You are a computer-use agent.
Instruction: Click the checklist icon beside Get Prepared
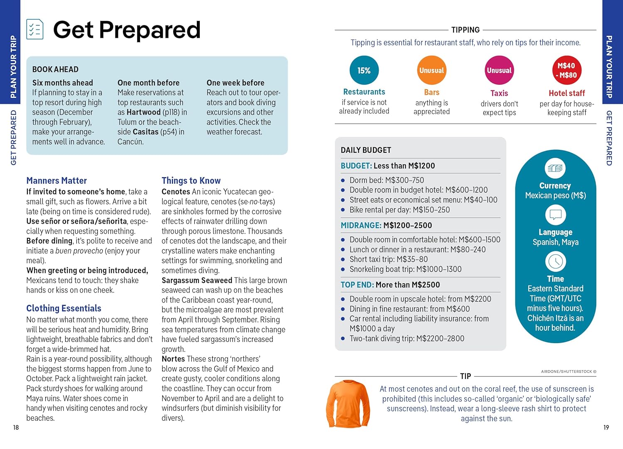(x=35, y=29)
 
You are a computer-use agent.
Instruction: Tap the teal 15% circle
(x=364, y=71)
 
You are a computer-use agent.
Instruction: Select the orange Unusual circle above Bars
(x=432, y=71)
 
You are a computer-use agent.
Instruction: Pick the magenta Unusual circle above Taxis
(x=499, y=71)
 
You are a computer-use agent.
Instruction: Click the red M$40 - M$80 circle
(x=567, y=71)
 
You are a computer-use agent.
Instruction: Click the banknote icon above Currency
(x=555, y=168)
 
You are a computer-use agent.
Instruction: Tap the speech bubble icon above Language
(x=555, y=215)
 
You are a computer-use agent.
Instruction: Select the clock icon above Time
(x=555, y=261)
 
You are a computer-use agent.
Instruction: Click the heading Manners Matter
(x=56, y=181)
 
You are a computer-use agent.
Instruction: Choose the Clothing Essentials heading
(x=64, y=308)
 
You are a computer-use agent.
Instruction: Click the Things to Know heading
(x=191, y=181)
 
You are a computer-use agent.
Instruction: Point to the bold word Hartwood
(x=144, y=112)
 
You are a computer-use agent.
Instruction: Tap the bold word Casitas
(x=146, y=132)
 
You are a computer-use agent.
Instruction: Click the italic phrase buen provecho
(x=79, y=251)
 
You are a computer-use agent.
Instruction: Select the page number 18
(x=16, y=427)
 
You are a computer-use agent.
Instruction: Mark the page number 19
(x=606, y=427)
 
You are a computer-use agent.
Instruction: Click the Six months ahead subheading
(x=63, y=83)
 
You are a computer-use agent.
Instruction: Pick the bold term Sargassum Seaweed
(x=197, y=281)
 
